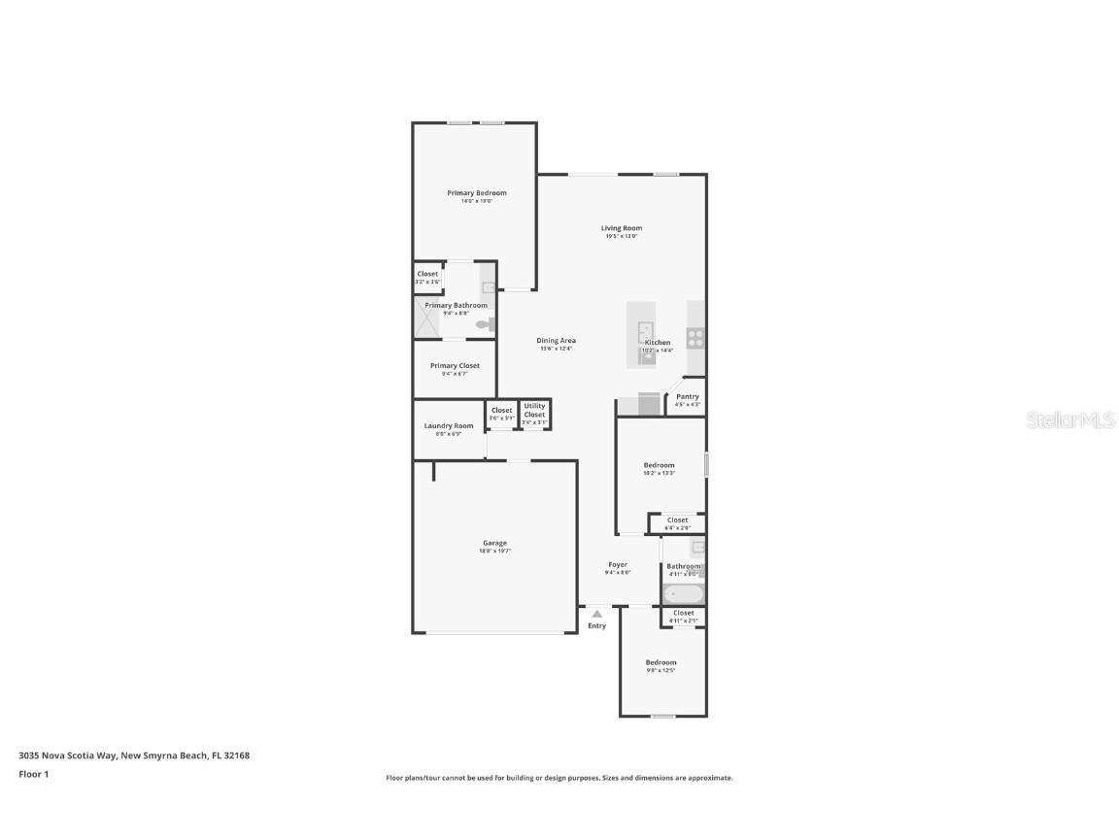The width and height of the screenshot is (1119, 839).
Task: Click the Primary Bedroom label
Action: click(476, 193)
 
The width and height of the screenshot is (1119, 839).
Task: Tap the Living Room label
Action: click(621, 228)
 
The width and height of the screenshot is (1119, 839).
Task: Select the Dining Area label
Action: click(557, 341)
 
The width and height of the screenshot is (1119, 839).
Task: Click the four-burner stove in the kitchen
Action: click(695, 338)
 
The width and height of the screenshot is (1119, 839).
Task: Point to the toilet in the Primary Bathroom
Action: click(486, 325)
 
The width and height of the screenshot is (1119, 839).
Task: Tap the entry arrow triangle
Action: click(596, 614)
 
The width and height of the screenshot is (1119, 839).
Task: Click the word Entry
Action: click(596, 625)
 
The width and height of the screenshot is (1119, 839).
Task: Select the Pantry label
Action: click(687, 396)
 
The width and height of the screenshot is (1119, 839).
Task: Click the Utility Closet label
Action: click(534, 410)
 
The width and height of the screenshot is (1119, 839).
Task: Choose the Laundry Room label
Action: click(449, 426)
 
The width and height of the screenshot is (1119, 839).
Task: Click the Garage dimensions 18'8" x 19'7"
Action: click(494, 551)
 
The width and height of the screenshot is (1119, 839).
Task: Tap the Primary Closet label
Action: click(455, 366)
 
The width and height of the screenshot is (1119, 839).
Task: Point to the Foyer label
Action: click(618, 564)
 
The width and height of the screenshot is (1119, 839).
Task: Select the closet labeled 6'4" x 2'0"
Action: click(677, 523)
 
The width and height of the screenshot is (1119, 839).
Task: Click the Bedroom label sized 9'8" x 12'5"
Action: click(661, 663)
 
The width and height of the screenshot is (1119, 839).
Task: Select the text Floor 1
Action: click(33, 774)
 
